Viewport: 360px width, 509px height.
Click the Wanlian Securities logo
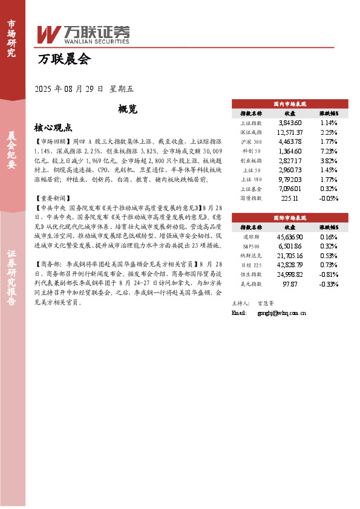pyautogui.click(x=83, y=34)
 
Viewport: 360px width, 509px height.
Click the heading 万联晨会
pyautogui.click(x=64, y=59)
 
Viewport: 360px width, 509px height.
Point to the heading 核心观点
pyautogui.click(x=53, y=128)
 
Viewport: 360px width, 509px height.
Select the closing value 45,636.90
pyautogui.click(x=289, y=236)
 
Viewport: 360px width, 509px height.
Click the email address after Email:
pyautogui.click(x=282, y=313)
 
